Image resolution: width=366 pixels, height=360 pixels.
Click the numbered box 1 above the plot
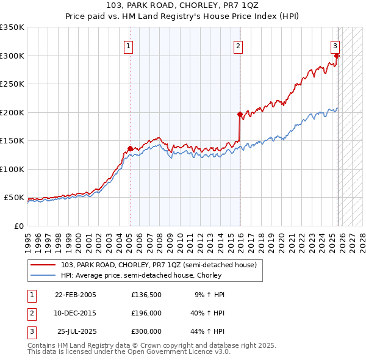[129, 45]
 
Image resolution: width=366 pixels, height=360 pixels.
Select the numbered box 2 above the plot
[237, 45]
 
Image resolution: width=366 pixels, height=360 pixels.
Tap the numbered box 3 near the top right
[335, 45]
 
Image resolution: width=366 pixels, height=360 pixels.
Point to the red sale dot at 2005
[130, 148]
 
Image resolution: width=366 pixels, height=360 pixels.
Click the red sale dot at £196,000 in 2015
[240, 114]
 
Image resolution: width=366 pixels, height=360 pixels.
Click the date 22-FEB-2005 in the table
[75, 295]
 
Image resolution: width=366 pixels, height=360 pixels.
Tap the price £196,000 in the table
[146, 313]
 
